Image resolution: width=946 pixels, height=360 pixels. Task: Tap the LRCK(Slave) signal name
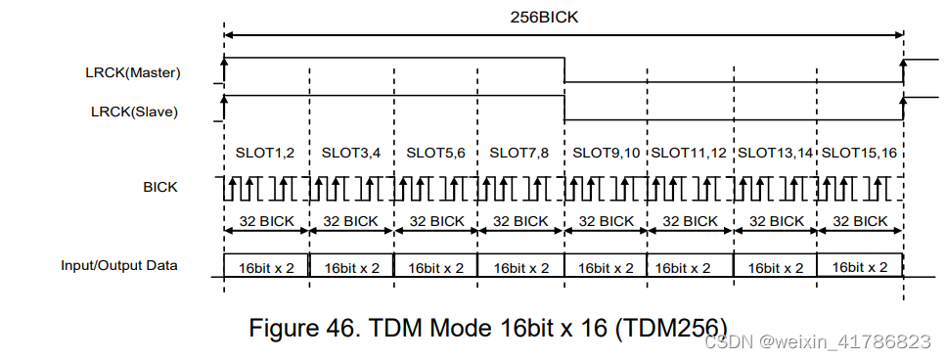(134, 112)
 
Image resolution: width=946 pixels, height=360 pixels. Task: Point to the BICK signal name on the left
(160, 187)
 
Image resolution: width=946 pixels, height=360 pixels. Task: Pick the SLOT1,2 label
(265, 153)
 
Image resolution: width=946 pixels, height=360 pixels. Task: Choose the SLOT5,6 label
(435, 153)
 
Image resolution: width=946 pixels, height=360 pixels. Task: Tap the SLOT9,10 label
(606, 153)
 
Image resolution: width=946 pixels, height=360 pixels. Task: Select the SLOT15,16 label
(859, 153)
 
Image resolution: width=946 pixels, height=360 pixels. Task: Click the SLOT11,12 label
(689, 153)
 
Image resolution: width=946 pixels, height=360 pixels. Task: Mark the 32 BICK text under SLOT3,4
(351, 221)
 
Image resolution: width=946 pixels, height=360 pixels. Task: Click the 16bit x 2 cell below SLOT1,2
(266, 266)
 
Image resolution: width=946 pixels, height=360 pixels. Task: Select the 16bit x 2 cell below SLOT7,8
(520, 266)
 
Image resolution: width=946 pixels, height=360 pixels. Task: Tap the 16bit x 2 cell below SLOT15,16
(859, 266)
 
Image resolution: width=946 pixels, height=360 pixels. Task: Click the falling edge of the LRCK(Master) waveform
(564, 70)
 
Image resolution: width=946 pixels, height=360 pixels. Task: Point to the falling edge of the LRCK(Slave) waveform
(564, 108)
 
